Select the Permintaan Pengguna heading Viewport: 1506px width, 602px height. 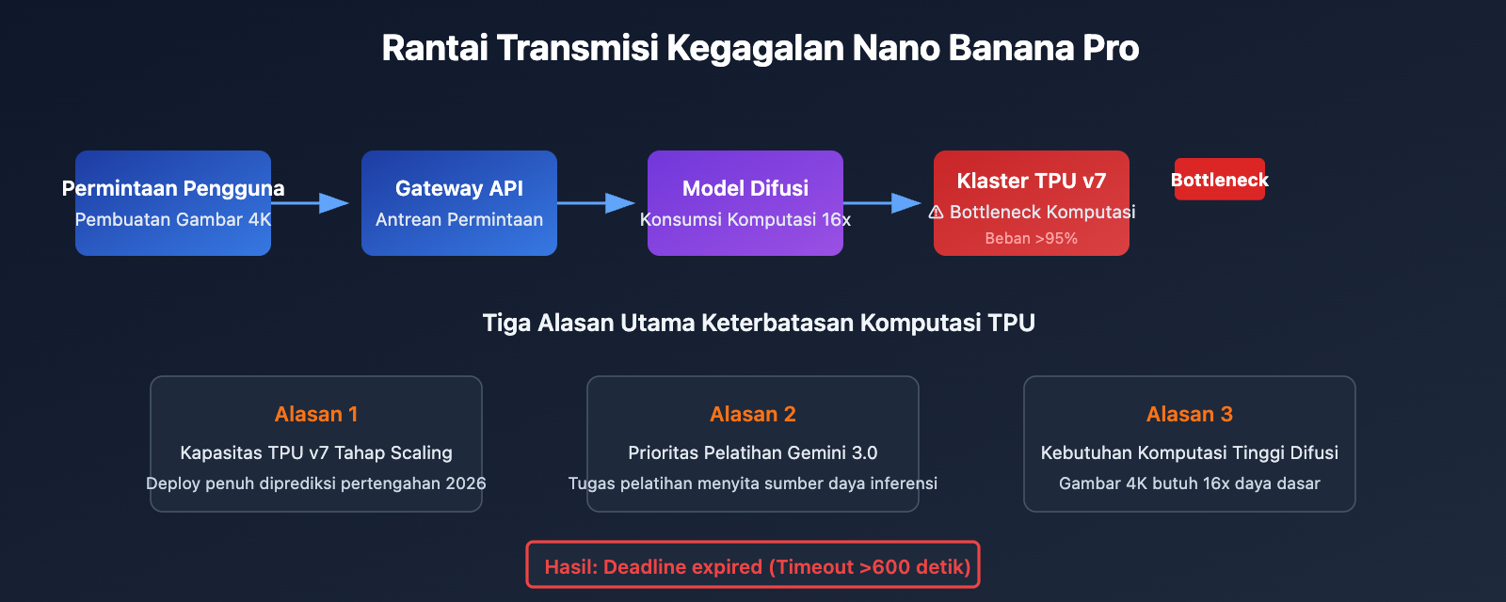click(x=173, y=188)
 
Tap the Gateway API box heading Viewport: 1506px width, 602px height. click(x=459, y=188)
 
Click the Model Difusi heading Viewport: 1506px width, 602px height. click(x=745, y=188)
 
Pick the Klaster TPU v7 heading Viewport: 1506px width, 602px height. click(x=1032, y=181)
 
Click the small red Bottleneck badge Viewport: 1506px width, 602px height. click(x=1220, y=180)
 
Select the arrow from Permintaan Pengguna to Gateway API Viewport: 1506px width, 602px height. click(x=311, y=203)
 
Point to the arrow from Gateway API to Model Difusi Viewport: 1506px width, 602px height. click(x=597, y=203)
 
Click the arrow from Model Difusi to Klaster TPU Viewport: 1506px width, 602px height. click(x=883, y=203)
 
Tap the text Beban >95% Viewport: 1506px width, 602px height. click(x=1032, y=239)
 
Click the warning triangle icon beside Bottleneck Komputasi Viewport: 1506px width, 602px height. click(x=937, y=213)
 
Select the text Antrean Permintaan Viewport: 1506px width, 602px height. click(x=459, y=219)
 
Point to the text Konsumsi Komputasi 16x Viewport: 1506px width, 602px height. click(x=745, y=219)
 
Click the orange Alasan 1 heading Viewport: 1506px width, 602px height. click(x=316, y=414)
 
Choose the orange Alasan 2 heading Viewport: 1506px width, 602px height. click(x=753, y=414)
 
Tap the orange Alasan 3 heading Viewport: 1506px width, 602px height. click(x=1190, y=414)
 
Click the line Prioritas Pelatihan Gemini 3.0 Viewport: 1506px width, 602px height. click(x=753, y=452)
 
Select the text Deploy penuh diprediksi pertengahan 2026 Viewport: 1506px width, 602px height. click(x=316, y=483)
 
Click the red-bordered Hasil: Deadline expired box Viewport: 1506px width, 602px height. click(x=753, y=565)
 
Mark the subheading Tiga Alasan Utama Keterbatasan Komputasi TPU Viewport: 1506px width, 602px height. click(x=759, y=323)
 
